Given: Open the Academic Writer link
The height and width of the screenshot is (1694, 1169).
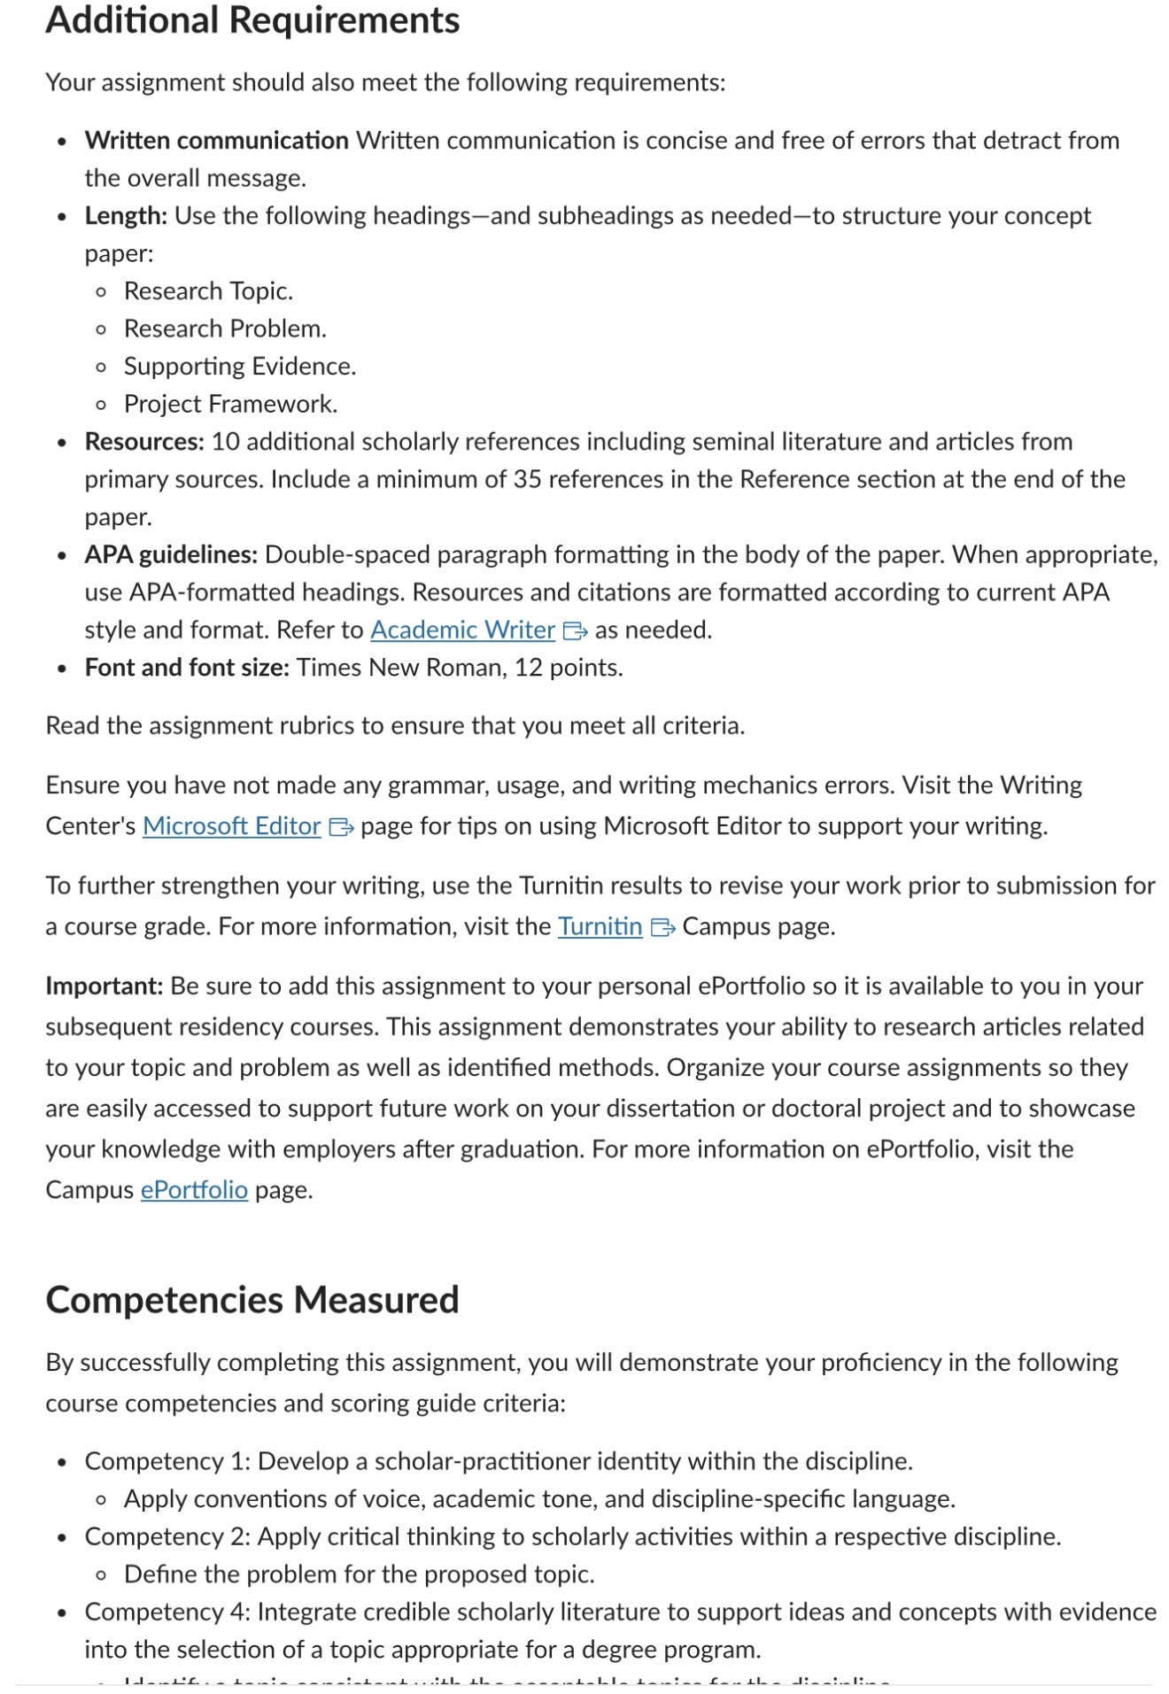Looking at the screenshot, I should (x=462, y=630).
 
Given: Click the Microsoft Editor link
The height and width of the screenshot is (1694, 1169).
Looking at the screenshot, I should (x=231, y=825).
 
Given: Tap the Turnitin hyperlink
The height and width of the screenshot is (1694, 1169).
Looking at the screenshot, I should (x=600, y=926).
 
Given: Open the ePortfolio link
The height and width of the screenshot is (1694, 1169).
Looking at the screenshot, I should (x=194, y=1189).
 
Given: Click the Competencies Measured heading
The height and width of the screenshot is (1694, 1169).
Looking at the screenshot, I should (x=252, y=1299).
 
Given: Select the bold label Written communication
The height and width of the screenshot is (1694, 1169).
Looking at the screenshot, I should (x=216, y=140).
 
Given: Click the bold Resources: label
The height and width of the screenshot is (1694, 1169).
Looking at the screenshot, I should (x=144, y=441).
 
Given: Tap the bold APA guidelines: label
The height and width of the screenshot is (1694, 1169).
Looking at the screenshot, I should (x=171, y=554).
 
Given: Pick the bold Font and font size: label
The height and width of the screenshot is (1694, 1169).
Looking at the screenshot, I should (x=187, y=667).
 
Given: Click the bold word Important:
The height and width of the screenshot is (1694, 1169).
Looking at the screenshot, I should (x=105, y=986).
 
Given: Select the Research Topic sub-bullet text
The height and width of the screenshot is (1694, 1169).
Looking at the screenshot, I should (x=208, y=290).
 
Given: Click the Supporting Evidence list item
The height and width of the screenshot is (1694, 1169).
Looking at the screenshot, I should (x=239, y=366).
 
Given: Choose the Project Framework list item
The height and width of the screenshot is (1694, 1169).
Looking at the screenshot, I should (x=230, y=404).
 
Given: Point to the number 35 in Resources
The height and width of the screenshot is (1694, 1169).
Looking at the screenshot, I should (x=527, y=479).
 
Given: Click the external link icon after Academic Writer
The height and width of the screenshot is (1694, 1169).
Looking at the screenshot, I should (x=576, y=630).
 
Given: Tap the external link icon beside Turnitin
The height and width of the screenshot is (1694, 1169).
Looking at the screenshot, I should (x=662, y=927).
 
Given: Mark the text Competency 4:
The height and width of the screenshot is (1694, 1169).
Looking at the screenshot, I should (x=167, y=1612).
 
